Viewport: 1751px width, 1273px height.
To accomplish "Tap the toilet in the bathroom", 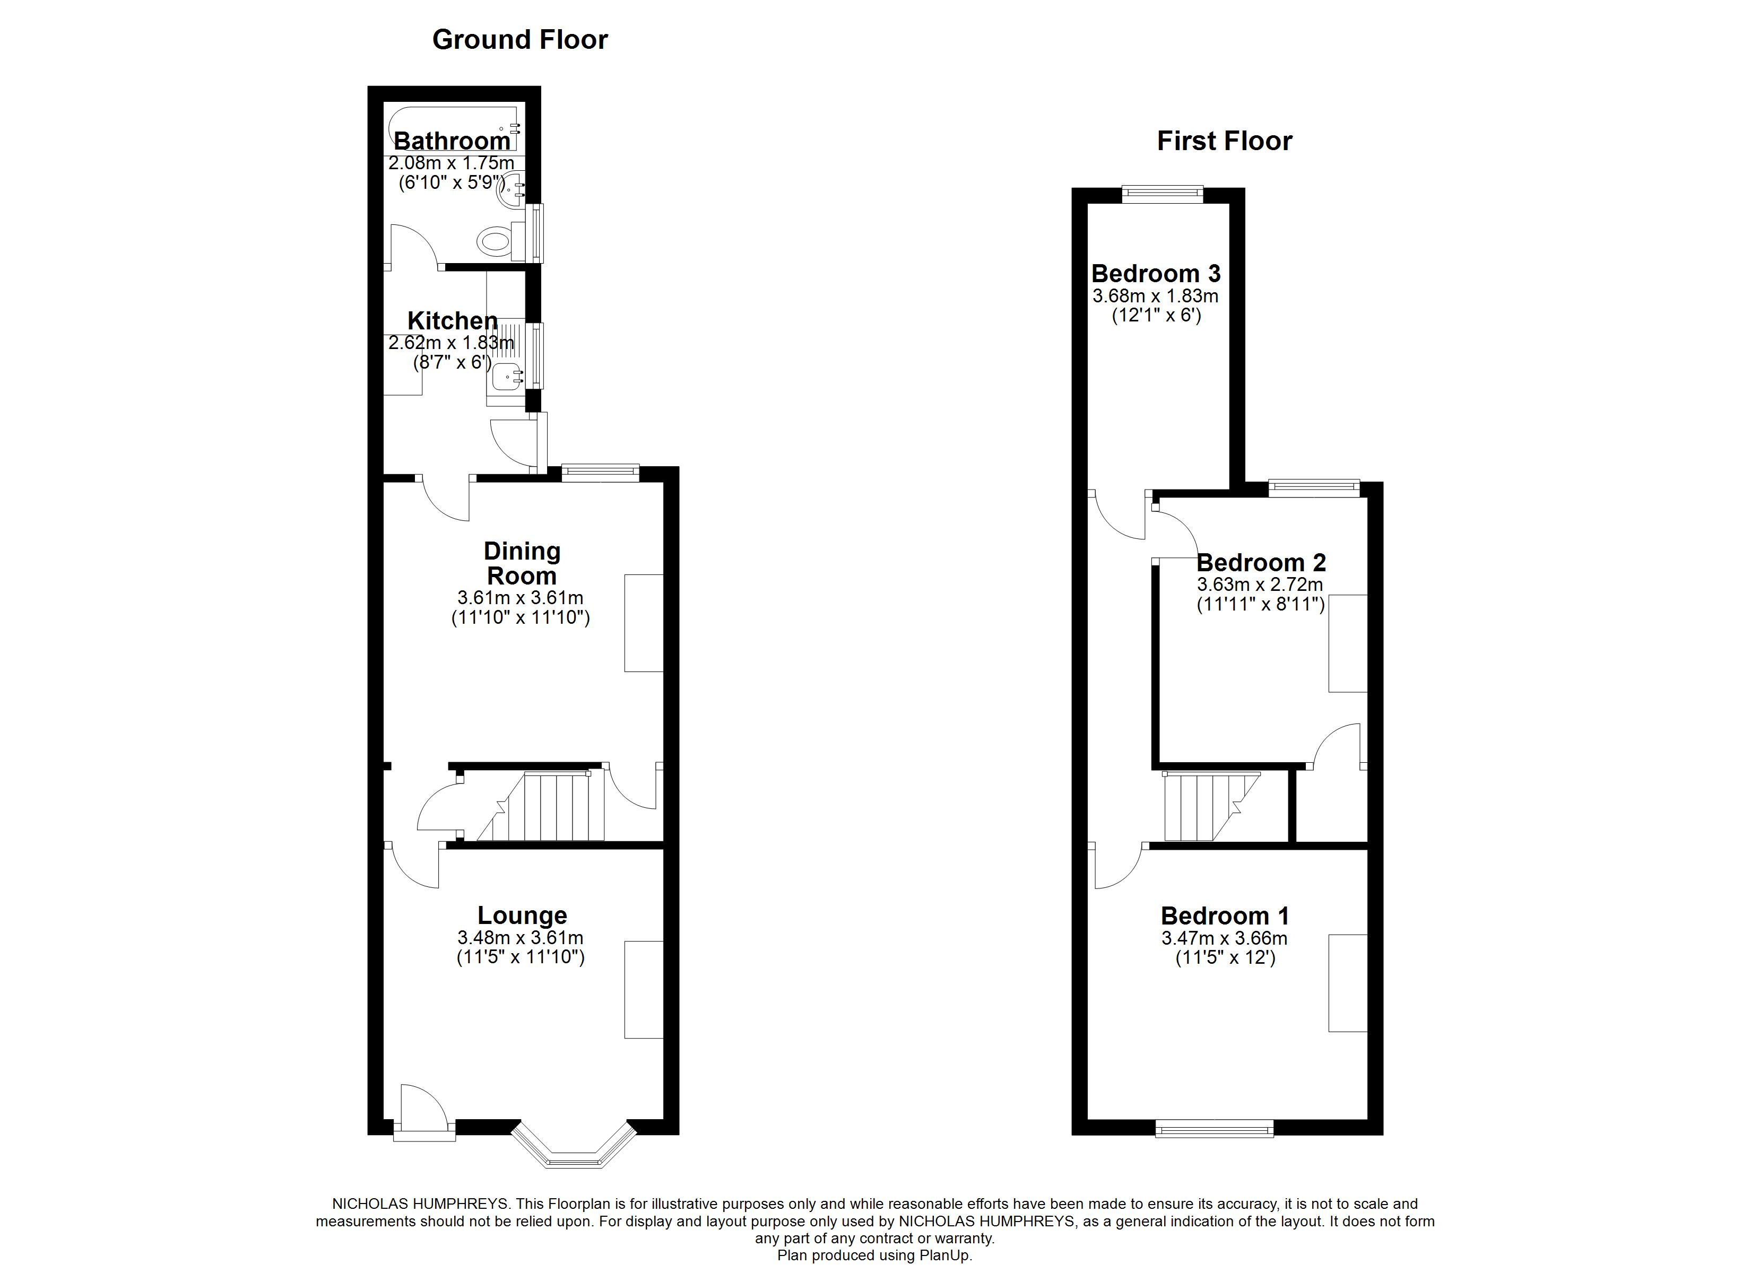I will pos(495,241).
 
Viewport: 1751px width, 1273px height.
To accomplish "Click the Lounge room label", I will pos(522,915).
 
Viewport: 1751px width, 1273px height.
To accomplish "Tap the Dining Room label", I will pos(522,563).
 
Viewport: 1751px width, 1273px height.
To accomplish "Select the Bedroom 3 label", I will pos(1156,273).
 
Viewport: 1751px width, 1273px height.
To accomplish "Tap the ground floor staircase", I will pos(552,807).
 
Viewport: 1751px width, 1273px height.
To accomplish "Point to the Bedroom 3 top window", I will pos(1162,193).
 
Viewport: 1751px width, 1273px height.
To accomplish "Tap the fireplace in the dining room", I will pos(644,623).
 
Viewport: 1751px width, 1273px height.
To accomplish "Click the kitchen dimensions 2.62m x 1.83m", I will pos(451,342).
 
